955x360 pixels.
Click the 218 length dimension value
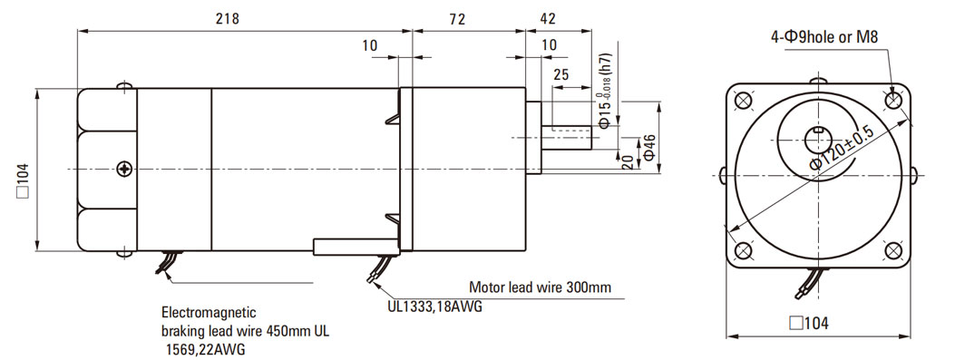(227, 19)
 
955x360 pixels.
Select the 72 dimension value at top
(457, 19)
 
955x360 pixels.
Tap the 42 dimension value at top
(548, 19)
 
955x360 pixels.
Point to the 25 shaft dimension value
(561, 75)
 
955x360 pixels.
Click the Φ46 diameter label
(649, 148)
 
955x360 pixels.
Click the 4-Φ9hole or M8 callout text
(824, 37)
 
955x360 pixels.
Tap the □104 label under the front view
(809, 323)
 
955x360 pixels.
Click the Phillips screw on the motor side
(125, 169)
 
